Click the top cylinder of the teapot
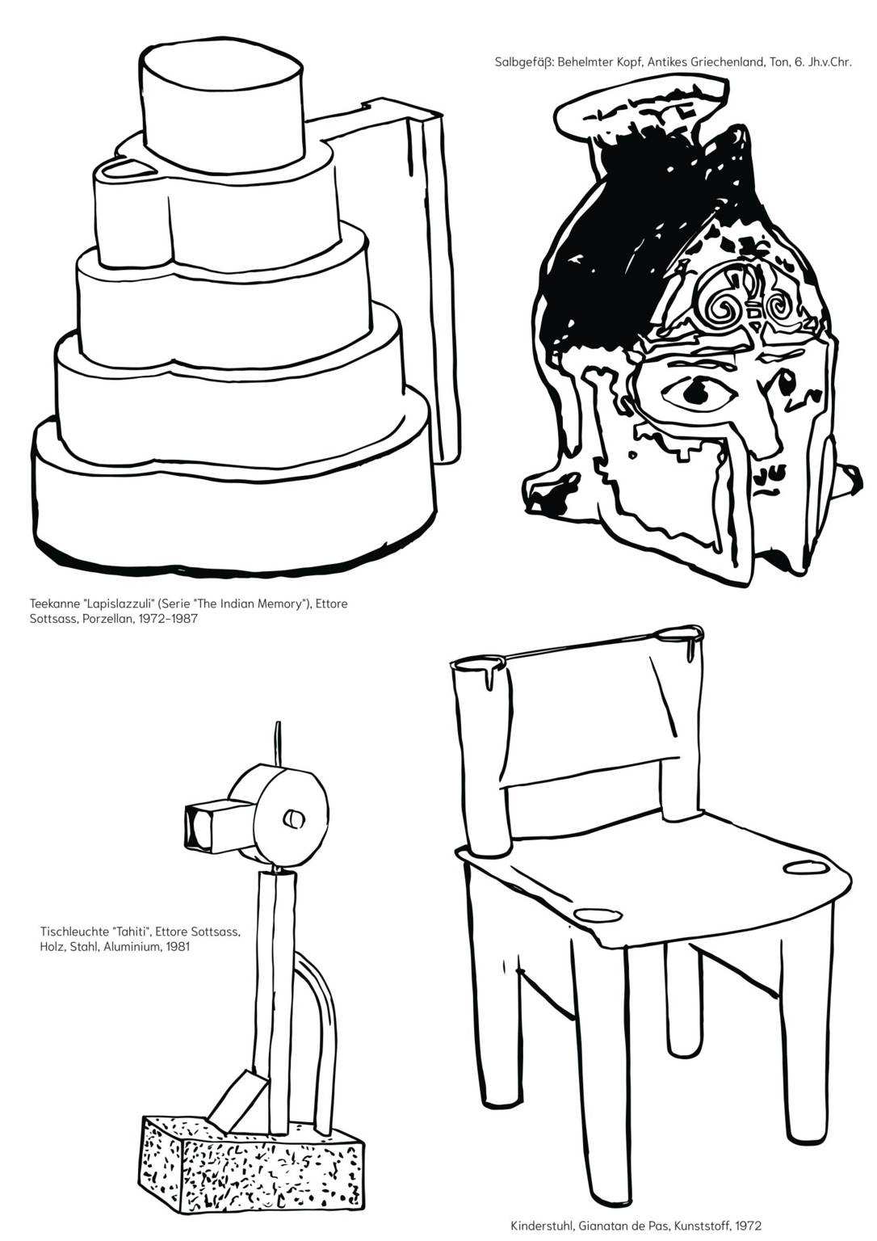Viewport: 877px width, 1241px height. tap(221, 105)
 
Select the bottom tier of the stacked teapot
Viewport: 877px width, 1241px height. tap(233, 499)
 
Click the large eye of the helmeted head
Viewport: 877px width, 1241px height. tap(694, 392)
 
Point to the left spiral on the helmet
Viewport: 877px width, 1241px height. tap(720, 309)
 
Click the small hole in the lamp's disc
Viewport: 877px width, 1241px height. tap(293, 818)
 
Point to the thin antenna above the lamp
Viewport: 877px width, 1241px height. tap(278, 742)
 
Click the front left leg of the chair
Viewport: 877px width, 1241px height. tap(600, 1086)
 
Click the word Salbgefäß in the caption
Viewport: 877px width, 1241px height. tap(523, 62)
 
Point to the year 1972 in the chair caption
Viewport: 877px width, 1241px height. tap(749, 1226)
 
